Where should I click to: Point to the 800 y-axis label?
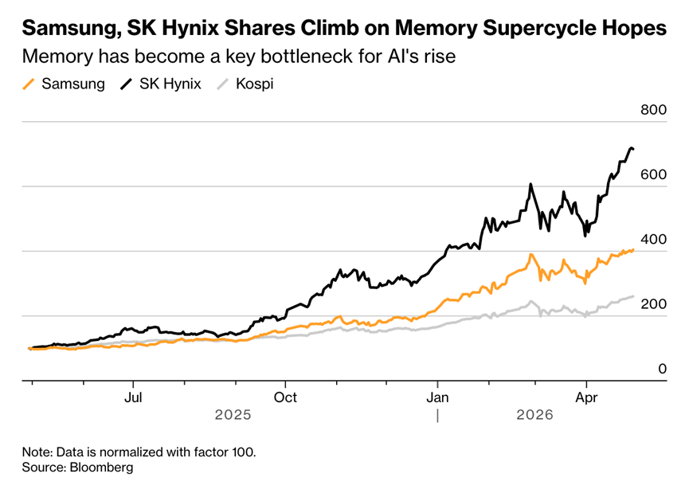(x=653, y=110)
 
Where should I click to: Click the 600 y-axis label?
(x=653, y=174)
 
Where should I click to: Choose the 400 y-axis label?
(x=653, y=239)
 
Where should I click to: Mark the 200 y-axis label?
(x=653, y=303)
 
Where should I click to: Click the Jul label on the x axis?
(x=135, y=396)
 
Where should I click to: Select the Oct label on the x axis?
(x=285, y=396)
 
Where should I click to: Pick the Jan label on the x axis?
(x=436, y=396)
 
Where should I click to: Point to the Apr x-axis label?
(x=586, y=396)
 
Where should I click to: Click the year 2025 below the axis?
(x=233, y=415)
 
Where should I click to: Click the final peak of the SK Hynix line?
(x=631, y=148)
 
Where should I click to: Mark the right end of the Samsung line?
(x=633, y=250)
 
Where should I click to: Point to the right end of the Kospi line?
(x=633, y=296)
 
